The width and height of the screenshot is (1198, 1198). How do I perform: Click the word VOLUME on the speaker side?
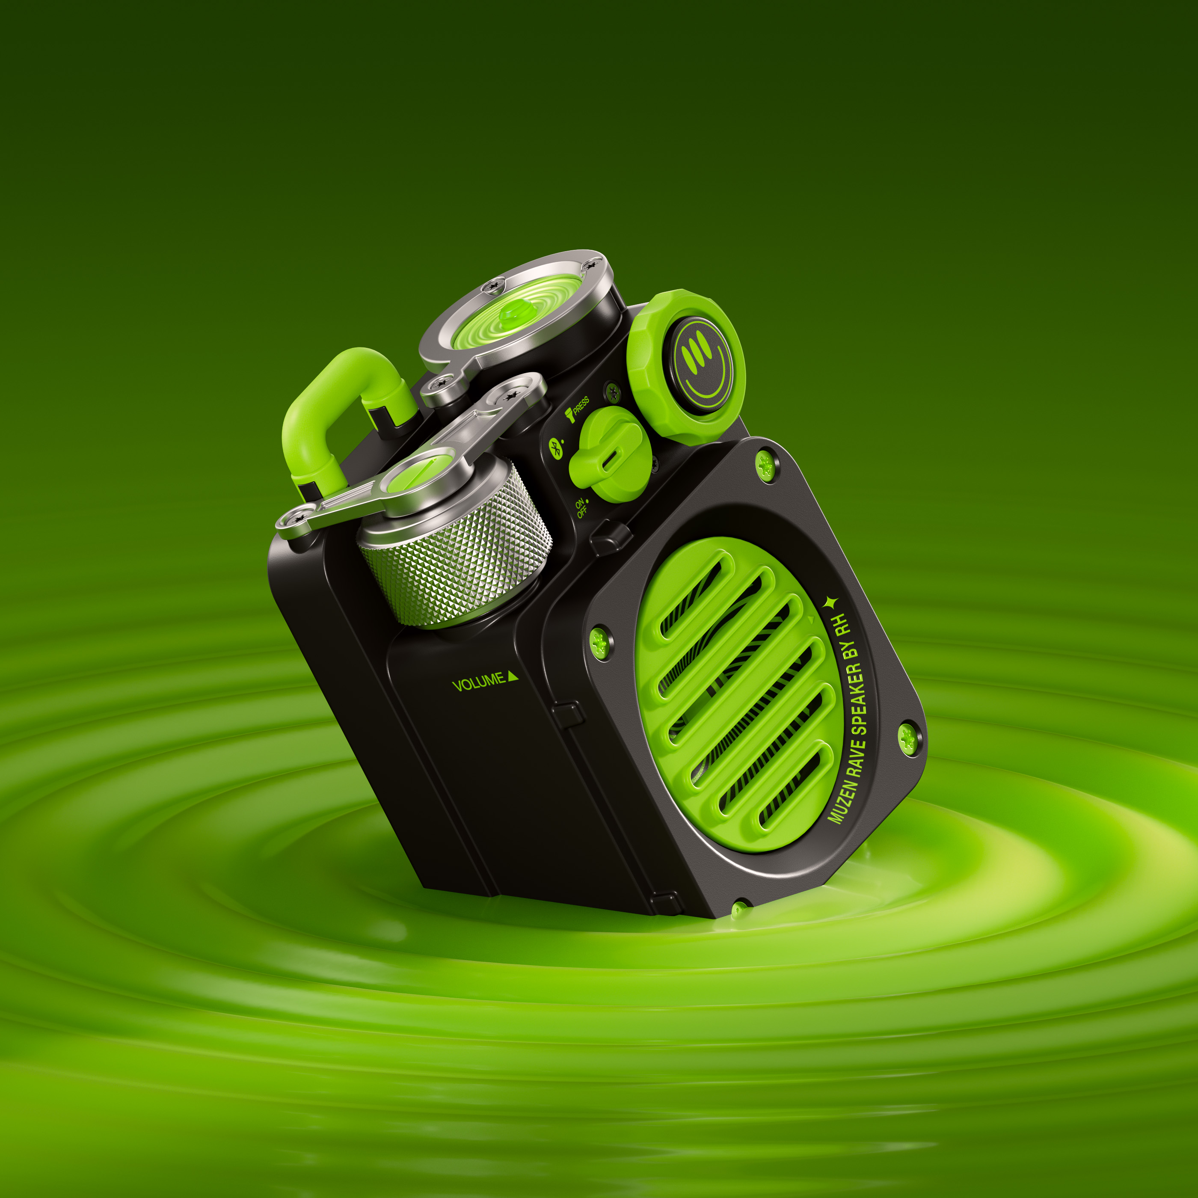point(479,682)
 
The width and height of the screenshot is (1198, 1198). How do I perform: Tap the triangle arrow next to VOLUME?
point(513,676)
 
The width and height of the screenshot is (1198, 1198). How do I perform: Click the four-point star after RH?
point(830,602)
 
